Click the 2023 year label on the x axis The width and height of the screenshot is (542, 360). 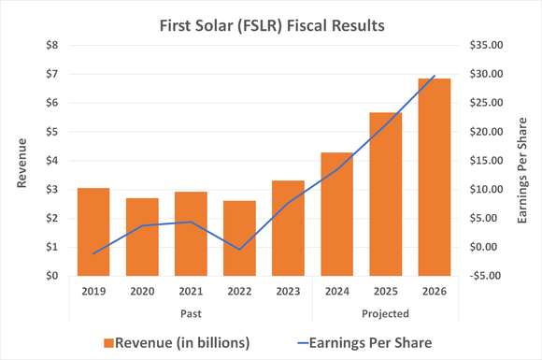click(x=287, y=292)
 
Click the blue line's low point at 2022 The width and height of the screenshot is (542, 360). click(x=239, y=250)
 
